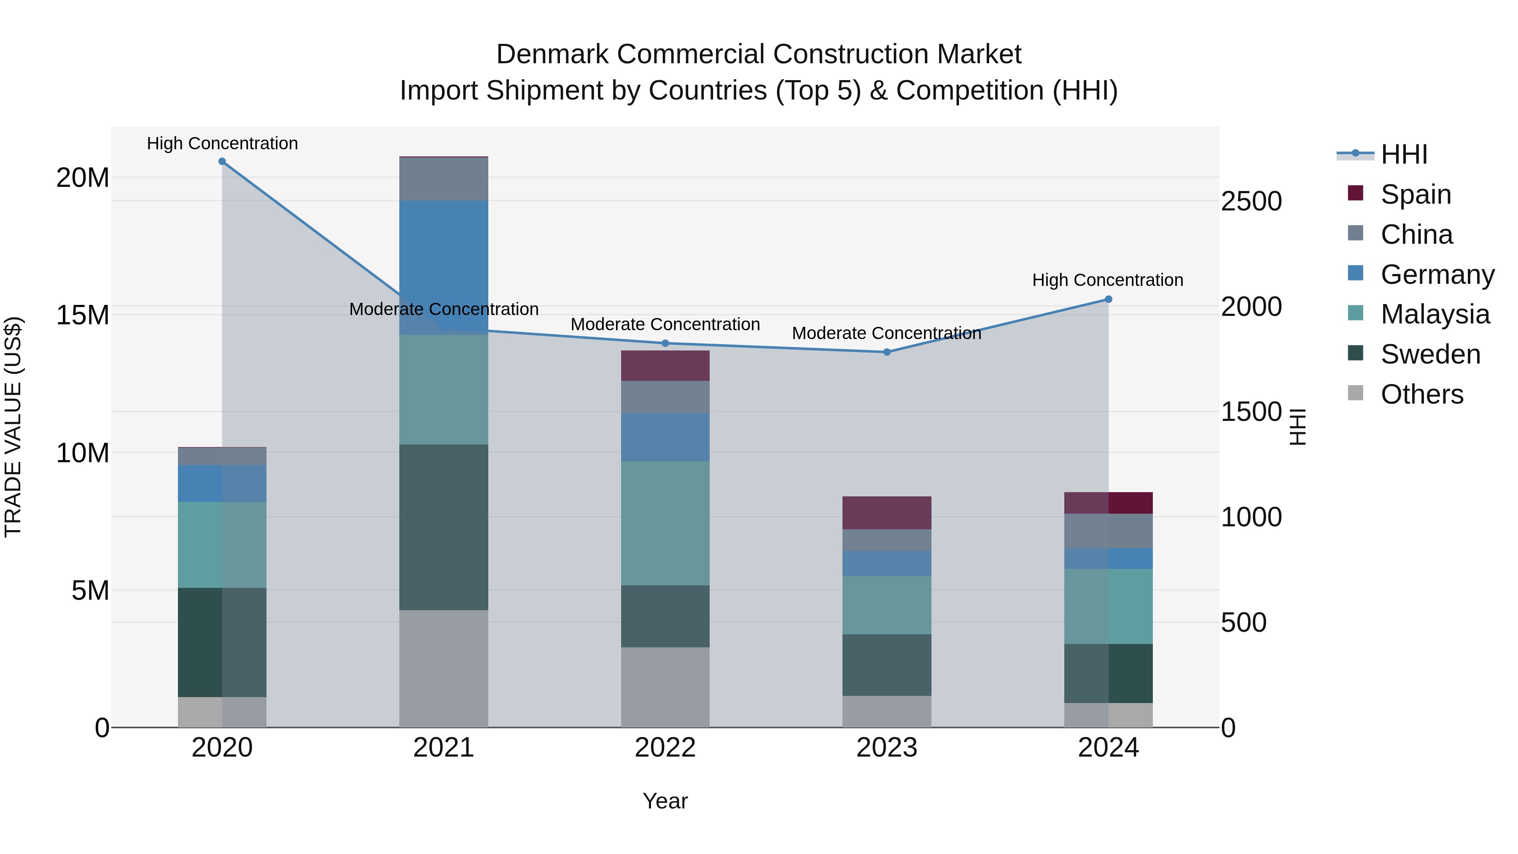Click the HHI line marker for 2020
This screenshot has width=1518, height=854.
(x=222, y=162)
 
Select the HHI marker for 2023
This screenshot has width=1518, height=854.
(x=886, y=352)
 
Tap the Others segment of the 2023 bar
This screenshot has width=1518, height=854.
(x=886, y=711)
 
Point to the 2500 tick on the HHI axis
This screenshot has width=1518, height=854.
(x=1251, y=202)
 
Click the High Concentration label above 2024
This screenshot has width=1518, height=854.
(x=1107, y=280)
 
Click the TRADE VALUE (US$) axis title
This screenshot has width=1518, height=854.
(x=13, y=427)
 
